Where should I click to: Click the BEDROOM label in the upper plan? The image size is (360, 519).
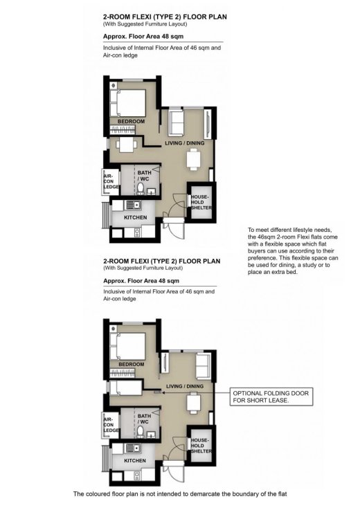pos(131,122)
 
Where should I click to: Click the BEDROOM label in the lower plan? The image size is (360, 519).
pos(131,364)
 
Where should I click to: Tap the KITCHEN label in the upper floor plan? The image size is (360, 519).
pos(135,217)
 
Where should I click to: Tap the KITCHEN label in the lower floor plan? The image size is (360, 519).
pos(135,459)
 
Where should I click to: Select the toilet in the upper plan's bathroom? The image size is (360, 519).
pos(141,188)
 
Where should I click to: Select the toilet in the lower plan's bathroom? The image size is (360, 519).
pos(141,431)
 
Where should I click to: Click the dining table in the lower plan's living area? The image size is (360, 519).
pos(193,402)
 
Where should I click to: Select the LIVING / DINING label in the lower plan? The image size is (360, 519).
pos(184,385)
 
